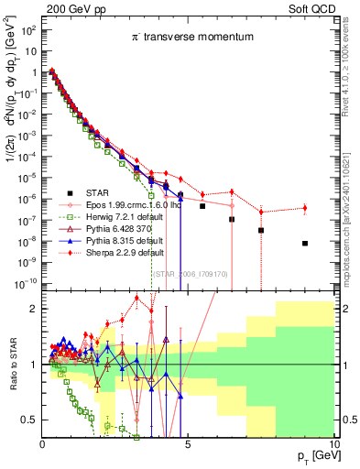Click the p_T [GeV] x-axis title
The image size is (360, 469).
[311, 456]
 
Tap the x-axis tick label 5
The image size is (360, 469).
[188, 444]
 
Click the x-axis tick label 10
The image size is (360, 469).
[332, 444]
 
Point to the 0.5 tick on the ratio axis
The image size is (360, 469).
[29, 420]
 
